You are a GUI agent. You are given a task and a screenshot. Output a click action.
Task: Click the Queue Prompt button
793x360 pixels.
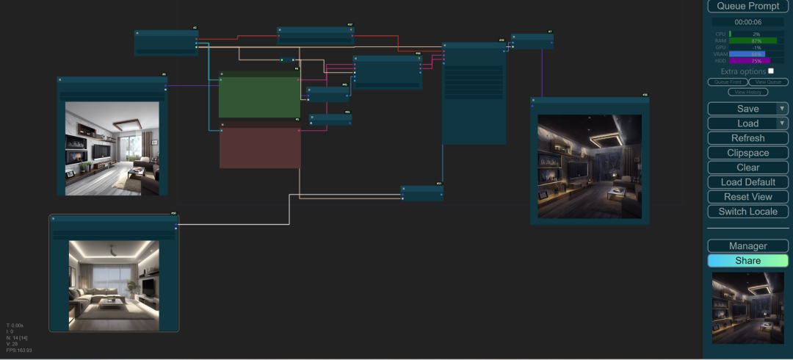click(x=747, y=6)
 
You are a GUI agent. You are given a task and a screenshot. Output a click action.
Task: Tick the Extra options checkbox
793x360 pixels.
click(x=771, y=71)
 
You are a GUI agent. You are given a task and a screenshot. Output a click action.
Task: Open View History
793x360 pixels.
click(x=747, y=92)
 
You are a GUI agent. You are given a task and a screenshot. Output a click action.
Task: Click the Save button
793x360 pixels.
click(x=742, y=109)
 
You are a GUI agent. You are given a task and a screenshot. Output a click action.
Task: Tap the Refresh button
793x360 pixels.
click(x=747, y=138)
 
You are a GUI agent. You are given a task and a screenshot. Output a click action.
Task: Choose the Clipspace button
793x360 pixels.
click(x=747, y=153)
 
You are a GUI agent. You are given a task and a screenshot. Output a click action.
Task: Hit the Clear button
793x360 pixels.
click(x=747, y=168)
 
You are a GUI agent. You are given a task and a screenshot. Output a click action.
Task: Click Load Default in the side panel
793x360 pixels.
click(x=747, y=182)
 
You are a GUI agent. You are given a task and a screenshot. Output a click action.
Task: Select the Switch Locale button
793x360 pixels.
click(x=747, y=212)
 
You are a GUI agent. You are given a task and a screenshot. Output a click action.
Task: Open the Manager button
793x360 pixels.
click(x=747, y=246)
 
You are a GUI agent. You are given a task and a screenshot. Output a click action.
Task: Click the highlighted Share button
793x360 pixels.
click(x=747, y=261)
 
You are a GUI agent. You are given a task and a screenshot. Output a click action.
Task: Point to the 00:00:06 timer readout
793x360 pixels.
click(x=747, y=22)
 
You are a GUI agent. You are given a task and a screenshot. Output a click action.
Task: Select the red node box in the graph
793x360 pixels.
click(x=260, y=147)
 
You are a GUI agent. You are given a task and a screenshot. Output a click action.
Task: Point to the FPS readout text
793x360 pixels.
click(x=19, y=350)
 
